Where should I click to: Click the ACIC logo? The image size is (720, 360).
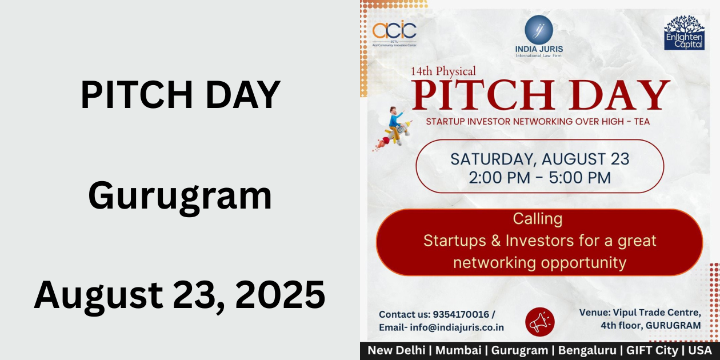click(x=394, y=31)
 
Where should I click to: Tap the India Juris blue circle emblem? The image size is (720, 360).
click(x=538, y=29)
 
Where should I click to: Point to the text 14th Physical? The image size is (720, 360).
click(x=443, y=72)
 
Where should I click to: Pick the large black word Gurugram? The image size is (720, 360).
click(x=180, y=195)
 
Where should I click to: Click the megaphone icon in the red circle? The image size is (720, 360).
click(x=539, y=322)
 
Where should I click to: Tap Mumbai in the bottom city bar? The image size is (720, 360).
click(x=458, y=350)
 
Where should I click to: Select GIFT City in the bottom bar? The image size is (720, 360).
click(x=651, y=350)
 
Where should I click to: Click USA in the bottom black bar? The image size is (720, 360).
click(x=701, y=350)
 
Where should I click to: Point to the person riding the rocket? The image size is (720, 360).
click(x=396, y=125)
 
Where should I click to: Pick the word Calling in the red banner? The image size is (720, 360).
click(x=538, y=218)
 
